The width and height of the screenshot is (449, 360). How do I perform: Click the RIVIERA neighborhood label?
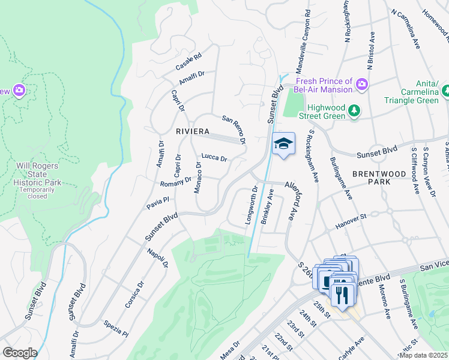click(193, 131)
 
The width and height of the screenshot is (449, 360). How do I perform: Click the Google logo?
click(20, 352)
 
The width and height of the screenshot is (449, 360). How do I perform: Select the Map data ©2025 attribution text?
click(423, 355)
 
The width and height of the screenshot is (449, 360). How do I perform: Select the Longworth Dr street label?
click(251, 206)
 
